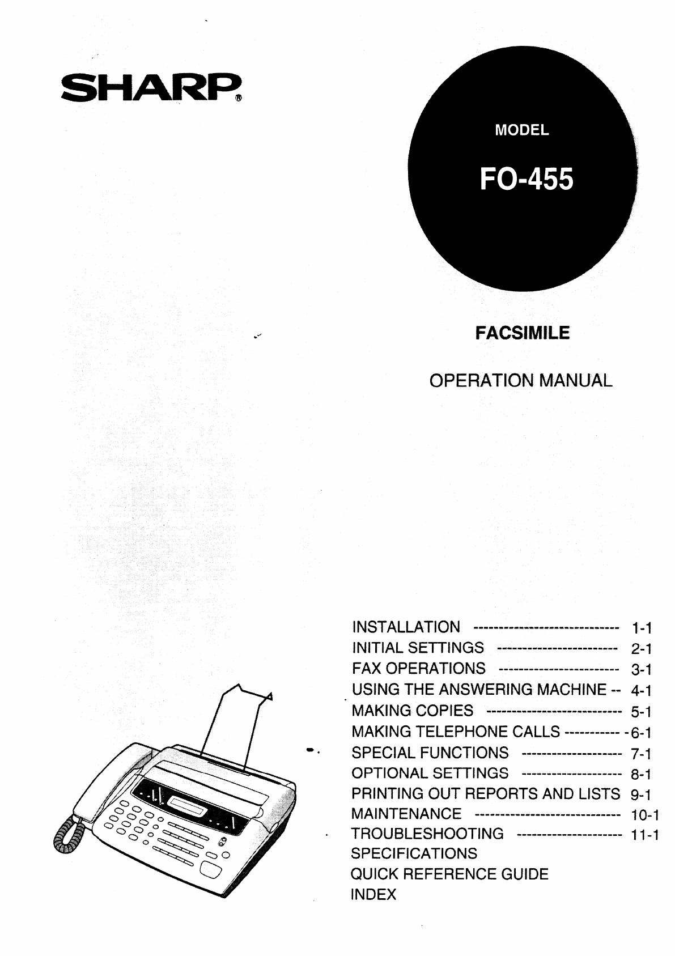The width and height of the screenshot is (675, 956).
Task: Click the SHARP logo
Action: [151, 88]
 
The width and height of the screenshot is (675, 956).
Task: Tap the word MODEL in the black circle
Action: [522, 130]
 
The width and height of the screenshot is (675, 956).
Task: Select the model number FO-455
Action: [527, 179]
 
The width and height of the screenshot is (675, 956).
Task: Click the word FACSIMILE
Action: [523, 333]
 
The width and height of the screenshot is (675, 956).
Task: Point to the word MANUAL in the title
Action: [575, 380]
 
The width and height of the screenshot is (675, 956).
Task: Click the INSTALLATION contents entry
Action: [406, 627]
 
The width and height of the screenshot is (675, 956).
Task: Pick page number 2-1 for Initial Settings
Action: [642, 649]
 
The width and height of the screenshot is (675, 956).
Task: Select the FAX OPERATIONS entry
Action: [418, 668]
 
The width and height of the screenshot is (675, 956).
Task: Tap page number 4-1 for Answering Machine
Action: [642, 691]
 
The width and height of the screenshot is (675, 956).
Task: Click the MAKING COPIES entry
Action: [413, 711]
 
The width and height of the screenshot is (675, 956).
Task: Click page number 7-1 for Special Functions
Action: [642, 754]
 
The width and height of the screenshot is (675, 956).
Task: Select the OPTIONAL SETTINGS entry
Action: [430, 773]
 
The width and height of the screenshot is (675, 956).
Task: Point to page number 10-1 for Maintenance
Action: [645, 815]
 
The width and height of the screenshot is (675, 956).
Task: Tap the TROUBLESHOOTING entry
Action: [427, 834]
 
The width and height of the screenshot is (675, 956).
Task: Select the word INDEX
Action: [373, 895]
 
